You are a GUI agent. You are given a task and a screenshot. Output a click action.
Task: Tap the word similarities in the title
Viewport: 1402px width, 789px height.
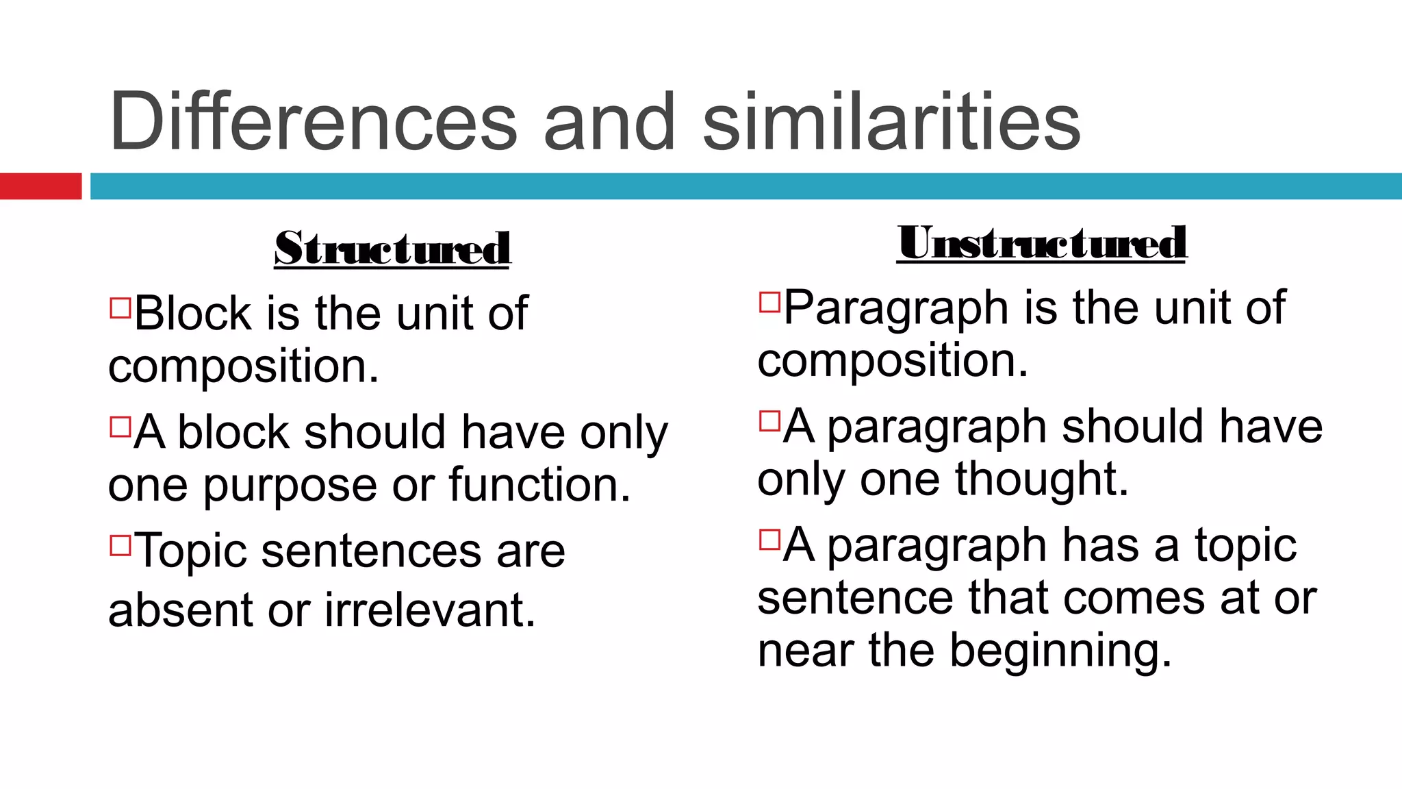tap(891, 122)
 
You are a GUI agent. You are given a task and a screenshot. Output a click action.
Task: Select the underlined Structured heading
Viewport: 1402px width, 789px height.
tap(392, 248)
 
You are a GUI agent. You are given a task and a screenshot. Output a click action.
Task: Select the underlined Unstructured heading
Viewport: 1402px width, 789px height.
tap(1041, 242)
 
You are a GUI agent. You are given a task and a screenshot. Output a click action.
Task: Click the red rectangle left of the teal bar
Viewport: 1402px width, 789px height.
tap(40, 186)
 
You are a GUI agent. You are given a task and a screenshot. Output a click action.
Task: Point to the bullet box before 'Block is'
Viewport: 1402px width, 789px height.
tap(120, 308)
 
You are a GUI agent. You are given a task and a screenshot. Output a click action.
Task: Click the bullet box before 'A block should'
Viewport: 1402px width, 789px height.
tap(120, 427)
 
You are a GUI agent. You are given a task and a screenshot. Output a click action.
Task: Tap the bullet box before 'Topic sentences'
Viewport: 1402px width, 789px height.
tap(120, 545)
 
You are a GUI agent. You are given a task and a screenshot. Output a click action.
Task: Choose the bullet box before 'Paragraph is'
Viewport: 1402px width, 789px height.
tap(769, 302)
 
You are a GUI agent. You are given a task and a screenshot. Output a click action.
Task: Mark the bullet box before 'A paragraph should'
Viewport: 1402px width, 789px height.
tap(769, 421)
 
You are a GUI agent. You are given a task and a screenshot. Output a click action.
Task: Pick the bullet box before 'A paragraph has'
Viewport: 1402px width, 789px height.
tap(769, 540)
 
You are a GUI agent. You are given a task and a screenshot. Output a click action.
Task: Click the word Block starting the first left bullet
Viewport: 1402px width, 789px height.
tap(193, 314)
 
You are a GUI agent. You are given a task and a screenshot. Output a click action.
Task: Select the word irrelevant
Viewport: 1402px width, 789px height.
tap(429, 610)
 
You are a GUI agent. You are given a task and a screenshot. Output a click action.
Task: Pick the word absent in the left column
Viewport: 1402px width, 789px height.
tap(180, 610)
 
